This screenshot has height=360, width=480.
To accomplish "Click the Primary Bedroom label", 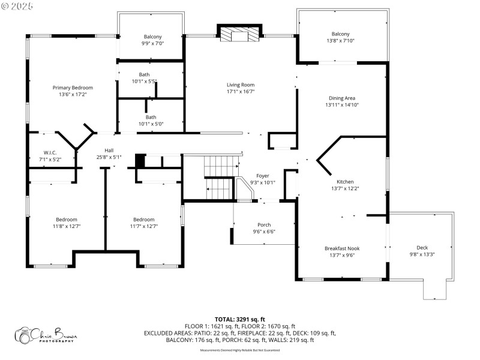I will (x=76, y=88).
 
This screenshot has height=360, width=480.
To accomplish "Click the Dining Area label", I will (x=342, y=98).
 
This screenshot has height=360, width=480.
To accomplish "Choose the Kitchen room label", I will (x=345, y=181).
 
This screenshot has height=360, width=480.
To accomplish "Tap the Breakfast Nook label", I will (x=342, y=247).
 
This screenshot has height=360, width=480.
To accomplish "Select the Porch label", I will (x=264, y=224).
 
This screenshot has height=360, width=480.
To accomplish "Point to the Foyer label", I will (x=263, y=176).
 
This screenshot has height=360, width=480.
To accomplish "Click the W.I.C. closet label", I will (x=50, y=152).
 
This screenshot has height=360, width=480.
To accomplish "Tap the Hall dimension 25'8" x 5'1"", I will (x=109, y=157).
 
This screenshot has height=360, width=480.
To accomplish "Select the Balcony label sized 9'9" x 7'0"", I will (x=152, y=37).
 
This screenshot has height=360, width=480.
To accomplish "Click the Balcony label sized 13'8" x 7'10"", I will (x=340, y=34).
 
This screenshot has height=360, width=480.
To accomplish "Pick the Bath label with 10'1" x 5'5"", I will (x=144, y=74).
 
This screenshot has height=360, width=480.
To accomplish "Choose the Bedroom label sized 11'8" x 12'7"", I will (x=67, y=219).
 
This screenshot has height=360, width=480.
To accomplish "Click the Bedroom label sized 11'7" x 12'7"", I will (x=144, y=219).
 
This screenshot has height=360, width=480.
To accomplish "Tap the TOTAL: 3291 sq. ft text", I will (x=239, y=319).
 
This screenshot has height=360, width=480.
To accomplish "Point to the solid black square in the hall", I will (x=140, y=161).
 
